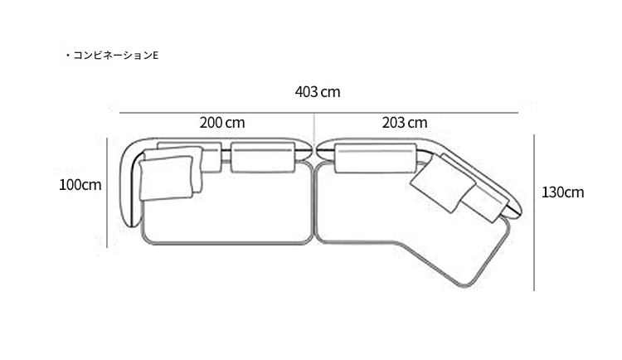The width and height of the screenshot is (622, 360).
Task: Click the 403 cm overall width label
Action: pyautogui.click(x=318, y=92)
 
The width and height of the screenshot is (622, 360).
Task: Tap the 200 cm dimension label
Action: pyautogui.click(x=222, y=123)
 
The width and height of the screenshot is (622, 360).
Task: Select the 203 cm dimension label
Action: pyautogui.click(x=405, y=123)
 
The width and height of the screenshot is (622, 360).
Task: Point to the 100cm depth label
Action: pyautogui.click(x=80, y=185)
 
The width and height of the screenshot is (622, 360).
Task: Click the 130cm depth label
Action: pyautogui.click(x=562, y=192)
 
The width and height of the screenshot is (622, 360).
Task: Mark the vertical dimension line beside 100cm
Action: pyautogui.click(x=107, y=192)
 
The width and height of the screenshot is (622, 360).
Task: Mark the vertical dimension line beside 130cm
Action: pyautogui.click(x=534, y=212)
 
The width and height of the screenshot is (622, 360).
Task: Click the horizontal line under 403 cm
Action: pyautogui.click(x=318, y=113)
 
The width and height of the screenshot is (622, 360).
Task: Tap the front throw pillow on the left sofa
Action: pyautogui.click(x=166, y=178)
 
